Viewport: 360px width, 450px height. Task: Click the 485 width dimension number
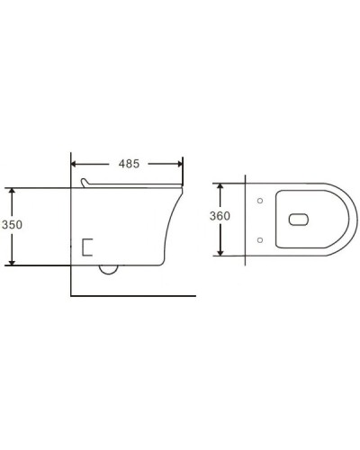click(127, 164)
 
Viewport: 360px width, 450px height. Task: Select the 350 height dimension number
click(11, 226)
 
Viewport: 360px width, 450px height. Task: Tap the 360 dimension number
click(220, 216)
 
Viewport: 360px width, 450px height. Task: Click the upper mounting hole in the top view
click(259, 200)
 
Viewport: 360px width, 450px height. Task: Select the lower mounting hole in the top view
click(259, 238)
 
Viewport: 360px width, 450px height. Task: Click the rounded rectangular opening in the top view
click(299, 219)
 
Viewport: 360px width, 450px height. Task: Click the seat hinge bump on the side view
click(85, 184)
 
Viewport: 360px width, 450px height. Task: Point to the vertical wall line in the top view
click(244, 219)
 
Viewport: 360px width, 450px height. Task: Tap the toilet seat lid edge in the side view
click(135, 187)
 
